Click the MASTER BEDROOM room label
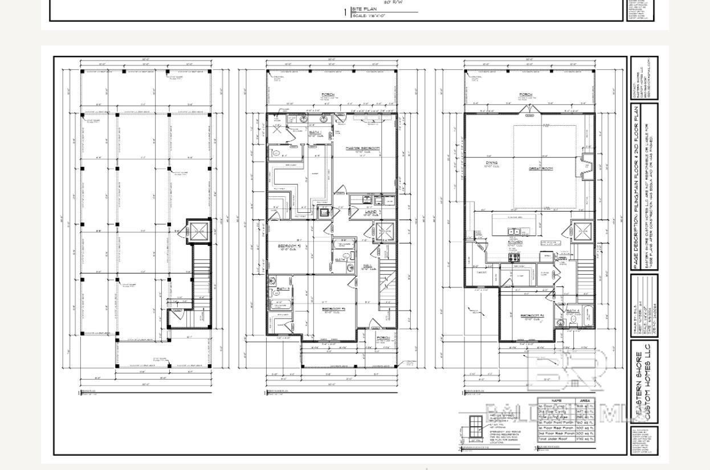(363, 148)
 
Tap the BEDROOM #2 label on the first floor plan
(288, 246)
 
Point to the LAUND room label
(371, 212)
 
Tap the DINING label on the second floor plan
(491, 163)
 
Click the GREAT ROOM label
(541, 168)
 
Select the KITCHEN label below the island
(515, 242)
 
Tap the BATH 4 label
(573, 311)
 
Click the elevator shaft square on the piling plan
(199, 231)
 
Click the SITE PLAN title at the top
(365, 9)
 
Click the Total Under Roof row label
(556, 439)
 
